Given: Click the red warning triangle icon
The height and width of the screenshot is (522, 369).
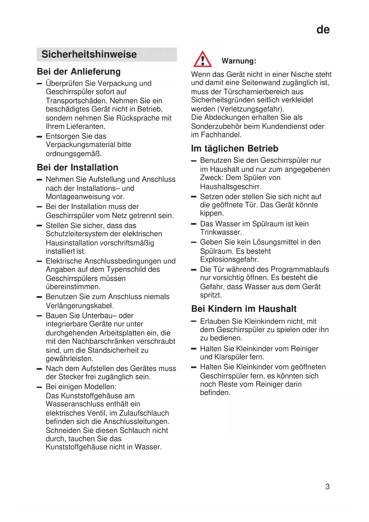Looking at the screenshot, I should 202,59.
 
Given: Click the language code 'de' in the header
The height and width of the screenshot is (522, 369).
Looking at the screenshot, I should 323,30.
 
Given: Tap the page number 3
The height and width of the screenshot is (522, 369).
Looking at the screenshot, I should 327,487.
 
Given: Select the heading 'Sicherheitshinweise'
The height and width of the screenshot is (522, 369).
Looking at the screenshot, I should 89,54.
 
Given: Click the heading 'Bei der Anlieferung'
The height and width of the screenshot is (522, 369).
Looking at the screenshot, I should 79,72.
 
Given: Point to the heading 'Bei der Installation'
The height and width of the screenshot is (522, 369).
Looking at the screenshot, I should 78,168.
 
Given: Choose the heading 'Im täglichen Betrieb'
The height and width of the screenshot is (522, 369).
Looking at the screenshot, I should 235,149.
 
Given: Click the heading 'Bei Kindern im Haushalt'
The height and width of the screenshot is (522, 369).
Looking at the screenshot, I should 244,309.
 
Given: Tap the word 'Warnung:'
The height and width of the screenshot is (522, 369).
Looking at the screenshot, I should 239,61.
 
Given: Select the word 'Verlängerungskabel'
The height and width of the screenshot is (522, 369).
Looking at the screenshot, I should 79,306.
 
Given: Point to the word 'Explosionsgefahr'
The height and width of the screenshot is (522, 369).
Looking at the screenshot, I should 229,260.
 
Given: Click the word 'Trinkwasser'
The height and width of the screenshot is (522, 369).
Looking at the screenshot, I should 220,232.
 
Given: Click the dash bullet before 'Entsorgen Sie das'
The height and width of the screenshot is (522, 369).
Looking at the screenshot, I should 39,137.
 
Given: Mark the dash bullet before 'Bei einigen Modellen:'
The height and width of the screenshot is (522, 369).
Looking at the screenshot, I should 39,387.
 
